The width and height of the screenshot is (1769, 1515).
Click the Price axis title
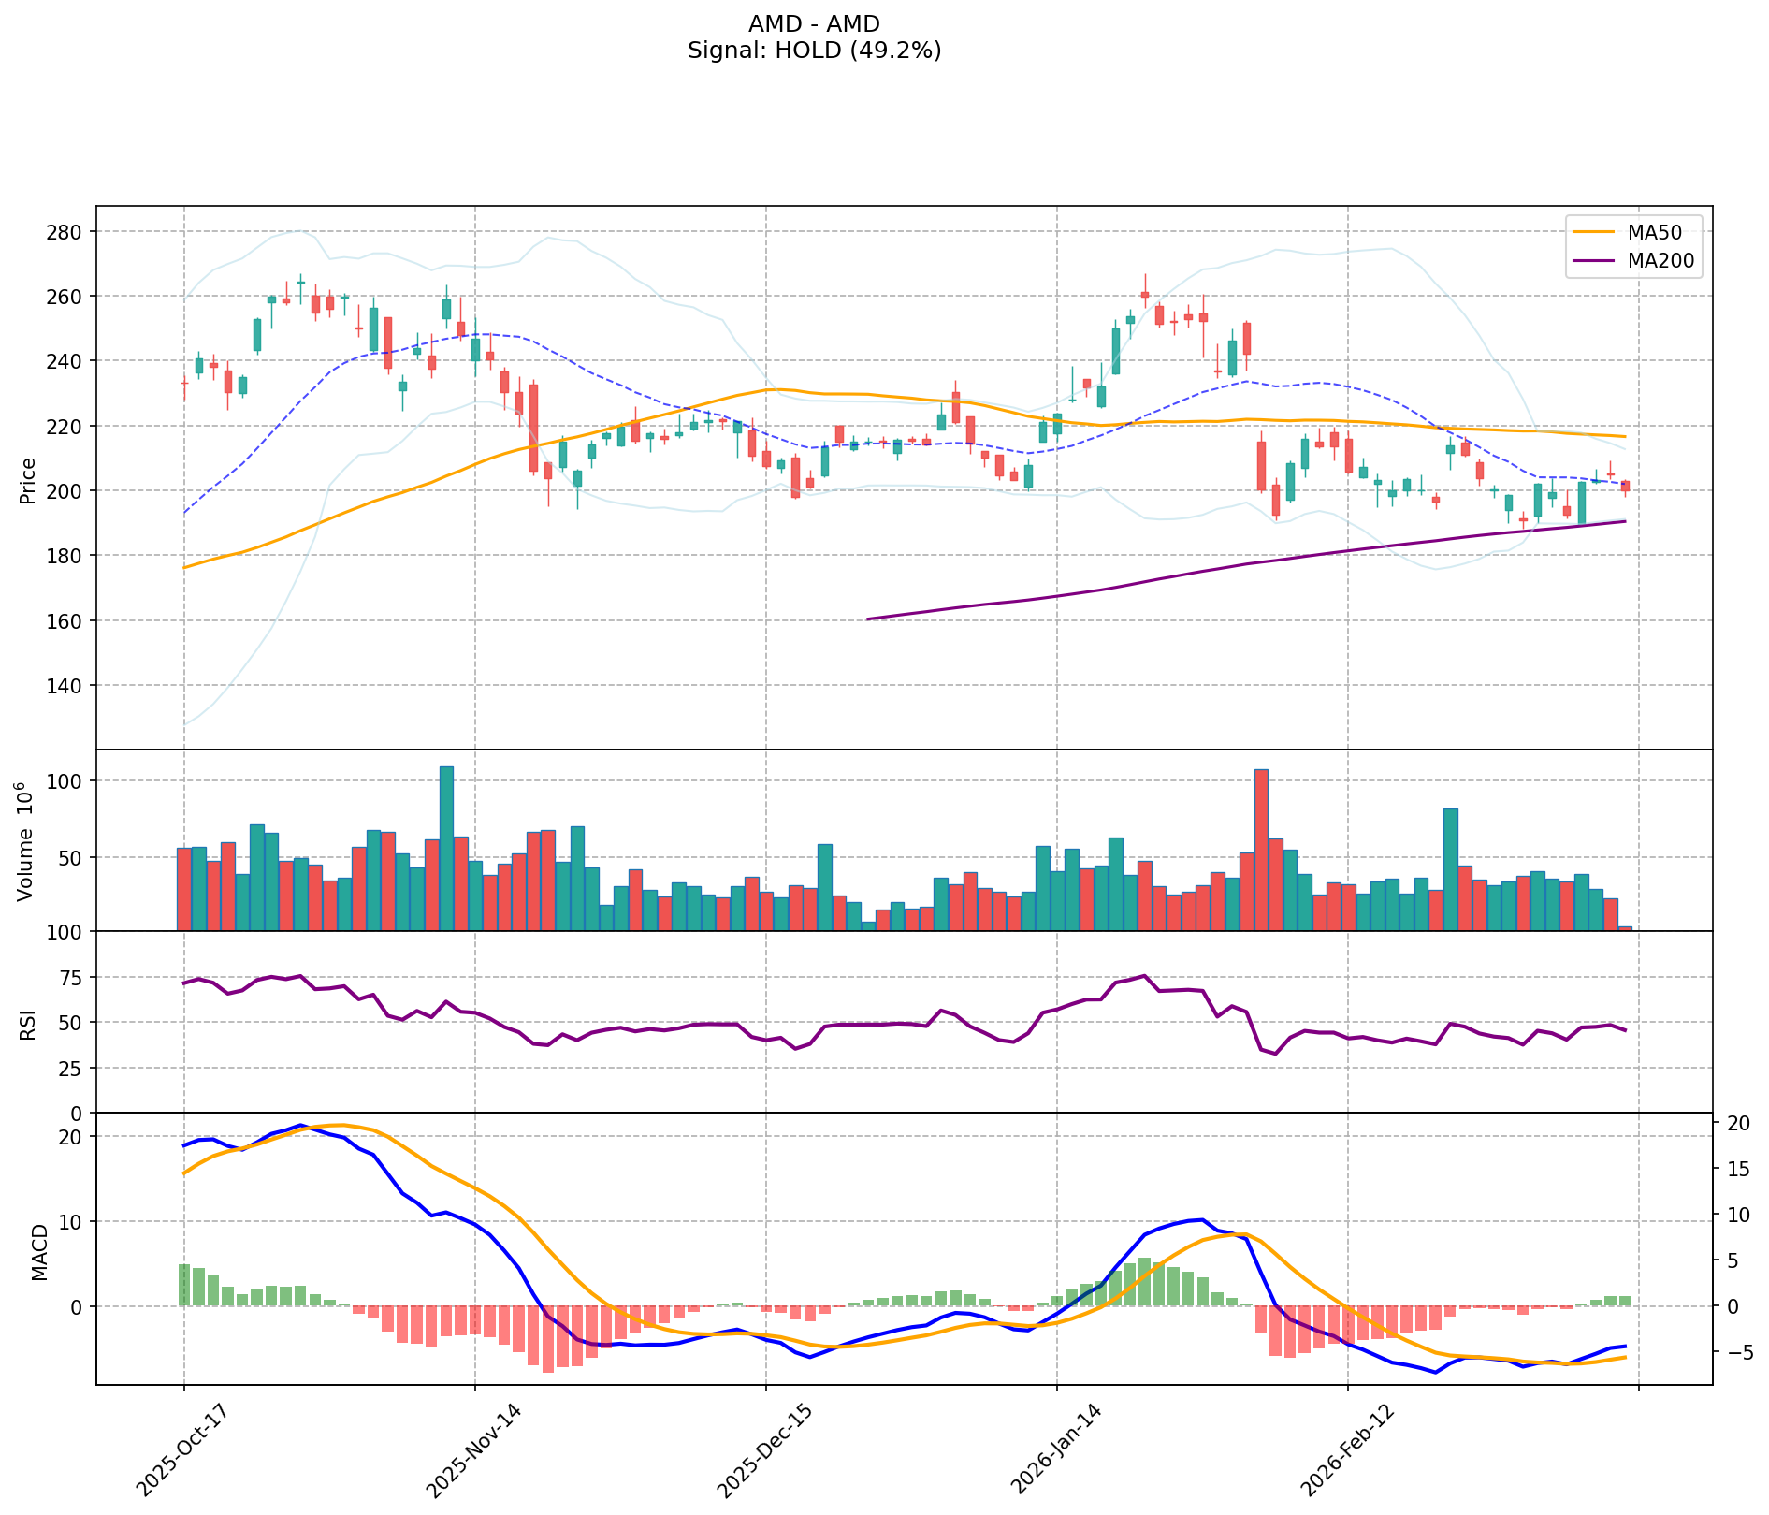[x=28, y=480]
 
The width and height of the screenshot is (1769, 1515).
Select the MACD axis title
[x=40, y=1252]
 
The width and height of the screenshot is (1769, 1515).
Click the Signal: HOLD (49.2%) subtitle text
[x=814, y=51]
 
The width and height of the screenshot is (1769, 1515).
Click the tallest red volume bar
[x=1261, y=850]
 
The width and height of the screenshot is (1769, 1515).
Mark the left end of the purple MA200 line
[x=868, y=619]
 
